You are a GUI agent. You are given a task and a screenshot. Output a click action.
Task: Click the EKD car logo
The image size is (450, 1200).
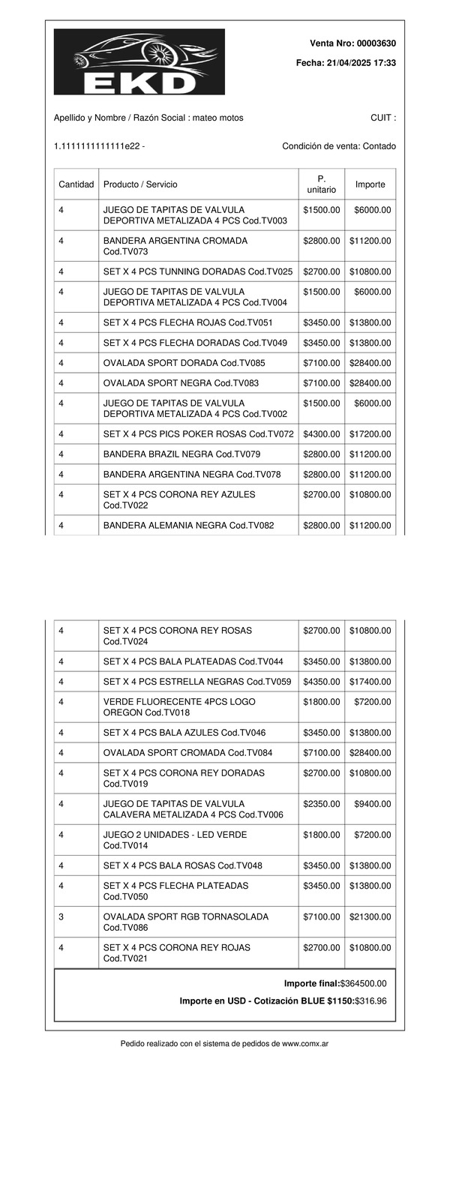click(x=139, y=61)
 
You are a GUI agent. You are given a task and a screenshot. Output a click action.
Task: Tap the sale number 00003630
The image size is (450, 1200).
click(x=376, y=43)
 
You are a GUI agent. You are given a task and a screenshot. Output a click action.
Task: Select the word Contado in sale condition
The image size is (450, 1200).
click(x=379, y=146)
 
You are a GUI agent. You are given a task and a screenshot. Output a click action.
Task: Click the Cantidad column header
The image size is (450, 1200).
click(x=76, y=184)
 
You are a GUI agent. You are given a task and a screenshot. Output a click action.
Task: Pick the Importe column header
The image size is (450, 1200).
click(x=370, y=184)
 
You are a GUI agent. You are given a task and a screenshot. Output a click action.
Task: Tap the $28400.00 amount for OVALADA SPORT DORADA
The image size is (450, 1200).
click(x=370, y=363)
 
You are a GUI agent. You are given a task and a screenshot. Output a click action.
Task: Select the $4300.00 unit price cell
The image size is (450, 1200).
click(x=322, y=434)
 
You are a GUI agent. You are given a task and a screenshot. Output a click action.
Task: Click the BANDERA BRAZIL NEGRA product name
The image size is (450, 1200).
click(x=157, y=454)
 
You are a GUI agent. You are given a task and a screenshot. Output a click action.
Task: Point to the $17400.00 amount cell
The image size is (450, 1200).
click(x=370, y=682)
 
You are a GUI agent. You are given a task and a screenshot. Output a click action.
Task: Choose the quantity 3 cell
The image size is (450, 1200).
click(x=61, y=916)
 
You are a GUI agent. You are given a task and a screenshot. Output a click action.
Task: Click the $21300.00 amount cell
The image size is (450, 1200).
click(x=370, y=916)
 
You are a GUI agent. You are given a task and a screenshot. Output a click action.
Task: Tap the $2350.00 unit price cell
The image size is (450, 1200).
click(x=322, y=804)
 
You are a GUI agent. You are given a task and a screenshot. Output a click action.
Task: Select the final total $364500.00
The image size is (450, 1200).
click(x=364, y=983)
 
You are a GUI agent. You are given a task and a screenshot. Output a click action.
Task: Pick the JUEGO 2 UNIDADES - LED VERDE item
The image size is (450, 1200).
click(x=175, y=835)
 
